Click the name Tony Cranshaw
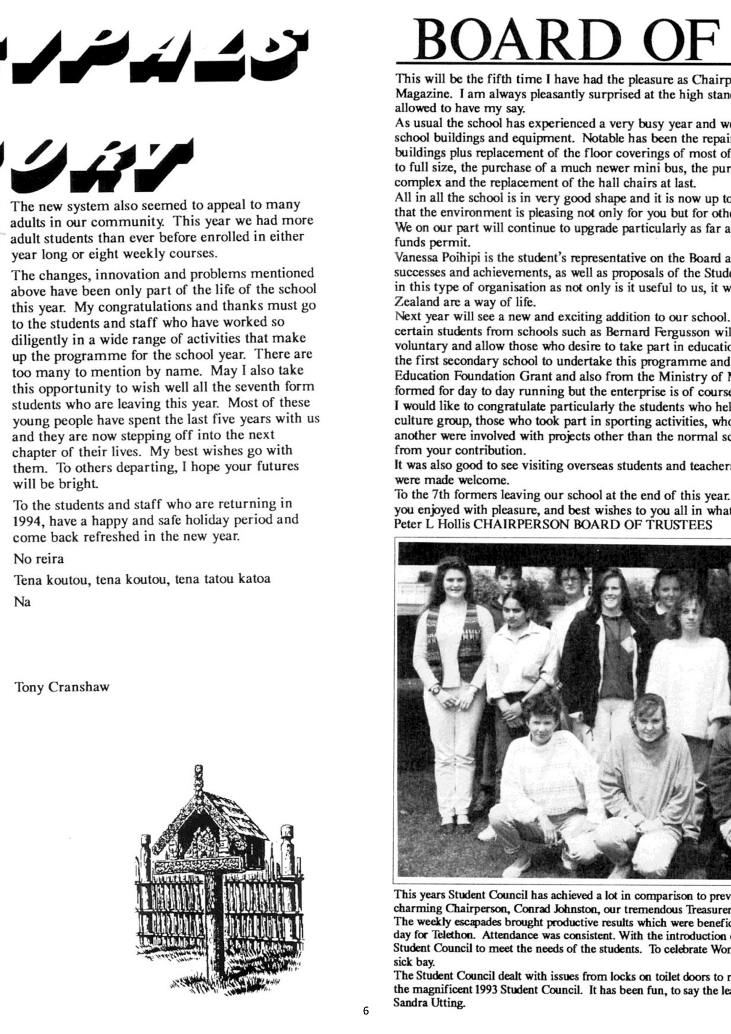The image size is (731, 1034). point(61,688)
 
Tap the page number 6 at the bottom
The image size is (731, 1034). point(366,1010)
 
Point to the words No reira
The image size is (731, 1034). point(39,559)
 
